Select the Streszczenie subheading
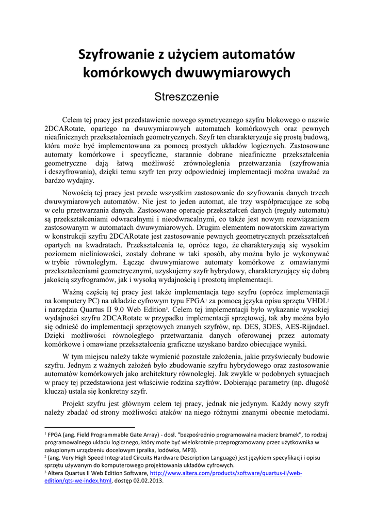[187, 97]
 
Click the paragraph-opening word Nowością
[79, 192]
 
